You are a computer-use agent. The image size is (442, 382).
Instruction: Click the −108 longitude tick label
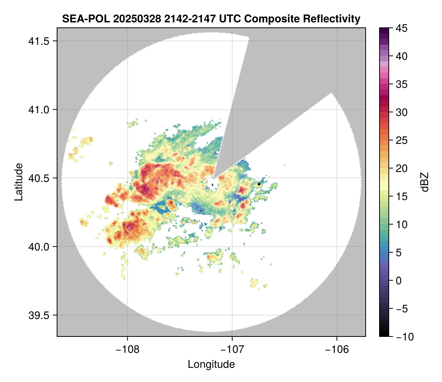coord(127,349)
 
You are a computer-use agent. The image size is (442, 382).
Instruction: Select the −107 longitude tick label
coord(232,349)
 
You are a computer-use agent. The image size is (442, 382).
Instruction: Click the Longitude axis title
coord(211,364)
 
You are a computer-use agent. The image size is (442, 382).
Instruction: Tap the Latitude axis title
coord(18,182)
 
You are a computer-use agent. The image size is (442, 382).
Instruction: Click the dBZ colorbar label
coord(425,182)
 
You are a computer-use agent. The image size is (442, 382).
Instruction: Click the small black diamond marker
coord(259,184)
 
